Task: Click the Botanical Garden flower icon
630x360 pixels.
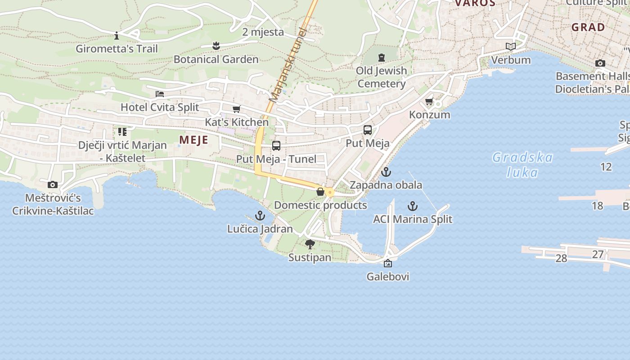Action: click(216, 45)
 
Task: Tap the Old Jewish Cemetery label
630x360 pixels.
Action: click(382, 77)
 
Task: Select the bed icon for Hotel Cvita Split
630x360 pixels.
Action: click(160, 94)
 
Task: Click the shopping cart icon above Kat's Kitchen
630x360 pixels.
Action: click(236, 109)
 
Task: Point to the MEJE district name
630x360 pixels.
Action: click(193, 139)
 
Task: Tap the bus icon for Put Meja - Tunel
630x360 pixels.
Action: click(276, 146)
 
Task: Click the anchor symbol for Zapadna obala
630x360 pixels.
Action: click(386, 172)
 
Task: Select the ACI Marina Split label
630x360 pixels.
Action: click(413, 219)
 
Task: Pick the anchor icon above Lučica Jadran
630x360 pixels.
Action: click(260, 216)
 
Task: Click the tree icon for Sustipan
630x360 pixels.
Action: click(310, 244)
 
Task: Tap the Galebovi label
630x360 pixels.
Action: click(388, 276)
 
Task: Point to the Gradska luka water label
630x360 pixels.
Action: click(522, 165)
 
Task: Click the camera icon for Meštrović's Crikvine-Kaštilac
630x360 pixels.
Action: click(53, 184)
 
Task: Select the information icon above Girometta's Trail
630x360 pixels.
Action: click(117, 35)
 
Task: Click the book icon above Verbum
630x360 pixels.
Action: click(510, 47)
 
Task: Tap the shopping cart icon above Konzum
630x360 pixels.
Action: click(429, 102)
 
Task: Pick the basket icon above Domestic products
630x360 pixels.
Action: click(320, 192)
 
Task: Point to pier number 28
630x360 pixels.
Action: click(561, 258)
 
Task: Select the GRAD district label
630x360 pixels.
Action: click(588, 27)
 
